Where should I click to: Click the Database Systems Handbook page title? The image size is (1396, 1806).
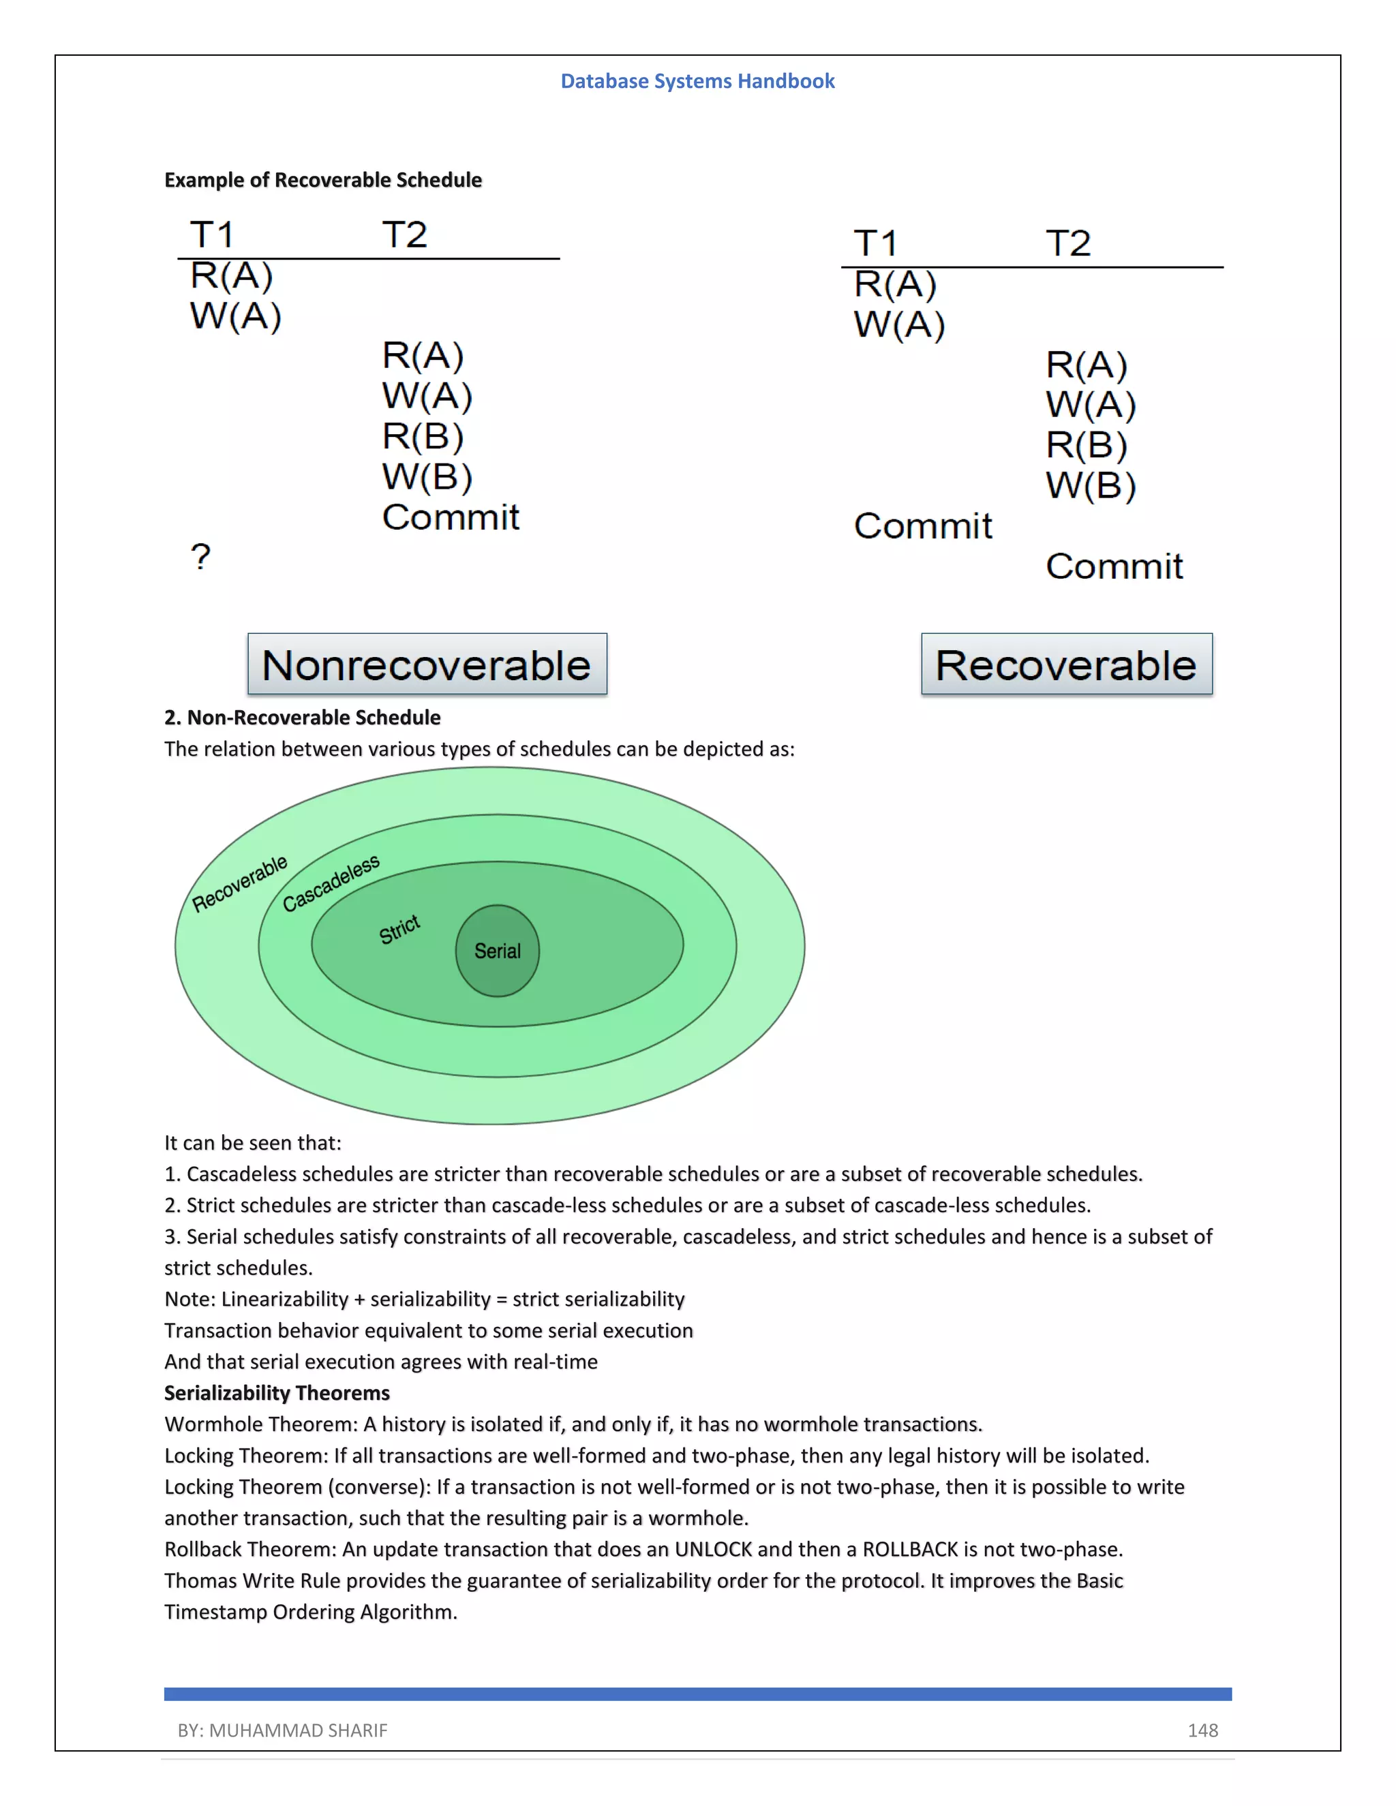(697, 81)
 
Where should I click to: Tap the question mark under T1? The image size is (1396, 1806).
(200, 557)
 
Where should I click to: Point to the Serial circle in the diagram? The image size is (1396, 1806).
(497, 951)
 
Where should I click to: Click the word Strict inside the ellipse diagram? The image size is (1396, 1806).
(399, 930)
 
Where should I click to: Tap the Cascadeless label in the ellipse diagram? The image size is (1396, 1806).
(331, 883)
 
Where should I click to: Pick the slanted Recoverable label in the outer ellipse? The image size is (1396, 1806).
(239, 884)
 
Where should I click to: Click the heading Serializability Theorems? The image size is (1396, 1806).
(276, 1394)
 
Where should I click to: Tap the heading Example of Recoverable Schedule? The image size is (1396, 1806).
(322, 181)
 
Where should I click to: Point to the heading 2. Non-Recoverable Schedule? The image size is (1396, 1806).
(302, 718)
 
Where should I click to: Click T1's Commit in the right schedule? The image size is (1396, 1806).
(922, 526)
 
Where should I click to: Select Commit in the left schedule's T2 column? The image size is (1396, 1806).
(450, 518)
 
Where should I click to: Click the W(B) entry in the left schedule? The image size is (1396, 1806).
(427, 477)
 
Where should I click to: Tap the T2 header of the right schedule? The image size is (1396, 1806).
(1067, 244)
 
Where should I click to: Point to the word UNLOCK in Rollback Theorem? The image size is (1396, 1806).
(713, 1550)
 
